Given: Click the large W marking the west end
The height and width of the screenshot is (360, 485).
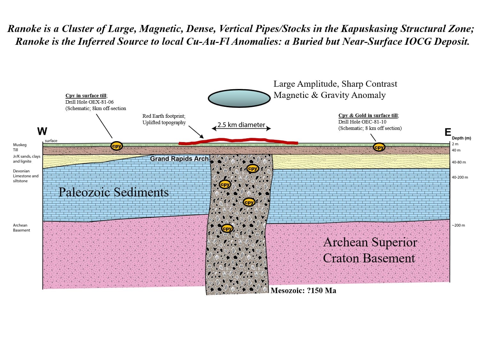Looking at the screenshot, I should click(42, 131).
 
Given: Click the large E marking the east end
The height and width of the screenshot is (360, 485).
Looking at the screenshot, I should click(448, 132).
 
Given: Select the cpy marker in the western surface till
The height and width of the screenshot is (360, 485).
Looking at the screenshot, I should click(116, 146).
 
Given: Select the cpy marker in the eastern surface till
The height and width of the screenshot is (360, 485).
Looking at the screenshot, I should click(379, 147).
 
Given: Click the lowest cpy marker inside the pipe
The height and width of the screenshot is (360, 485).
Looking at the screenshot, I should click(227, 228).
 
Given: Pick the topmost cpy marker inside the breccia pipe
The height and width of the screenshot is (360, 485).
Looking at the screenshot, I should click(252, 168).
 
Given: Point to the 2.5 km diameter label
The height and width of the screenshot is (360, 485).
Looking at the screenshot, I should click(241, 125).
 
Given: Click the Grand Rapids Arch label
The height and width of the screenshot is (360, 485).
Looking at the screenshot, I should click(179, 159).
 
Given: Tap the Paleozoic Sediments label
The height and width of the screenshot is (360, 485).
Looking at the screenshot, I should click(113, 192).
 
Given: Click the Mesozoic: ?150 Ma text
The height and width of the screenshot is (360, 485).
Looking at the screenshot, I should click(303, 291).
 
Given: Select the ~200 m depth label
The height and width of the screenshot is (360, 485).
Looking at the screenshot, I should click(458, 225).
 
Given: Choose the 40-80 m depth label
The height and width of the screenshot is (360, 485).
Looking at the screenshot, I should click(458, 162).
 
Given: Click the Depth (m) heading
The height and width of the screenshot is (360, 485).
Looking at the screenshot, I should click(461, 138).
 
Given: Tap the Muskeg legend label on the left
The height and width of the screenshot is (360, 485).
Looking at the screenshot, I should click(20, 145).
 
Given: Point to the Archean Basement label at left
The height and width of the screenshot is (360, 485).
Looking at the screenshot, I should click(21, 228).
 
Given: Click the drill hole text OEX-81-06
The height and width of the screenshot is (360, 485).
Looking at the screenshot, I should click(90, 102).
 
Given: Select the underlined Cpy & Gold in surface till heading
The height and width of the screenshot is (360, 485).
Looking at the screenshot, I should click(368, 115).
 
